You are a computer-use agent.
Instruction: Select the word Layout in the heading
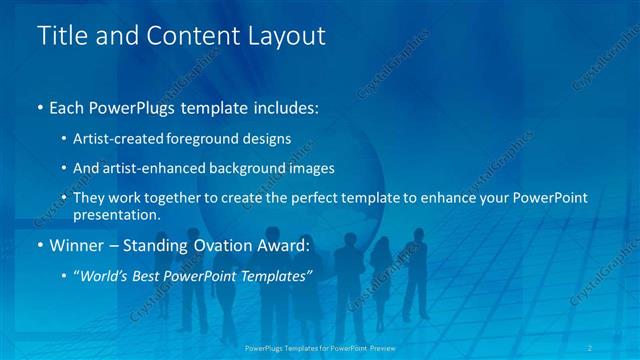coord(290,36)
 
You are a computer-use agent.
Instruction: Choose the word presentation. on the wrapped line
coord(116,214)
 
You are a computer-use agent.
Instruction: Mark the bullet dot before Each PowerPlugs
coord(40,107)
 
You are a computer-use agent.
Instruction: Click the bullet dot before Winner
coord(40,245)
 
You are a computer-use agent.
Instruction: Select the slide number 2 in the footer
coord(591,347)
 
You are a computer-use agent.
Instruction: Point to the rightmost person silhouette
coord(415,270)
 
